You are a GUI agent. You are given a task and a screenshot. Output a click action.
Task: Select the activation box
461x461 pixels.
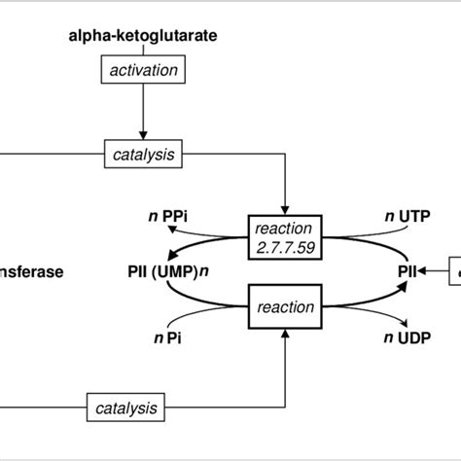[142, 70]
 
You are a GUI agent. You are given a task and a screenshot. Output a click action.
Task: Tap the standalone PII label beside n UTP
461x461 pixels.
[408, 272]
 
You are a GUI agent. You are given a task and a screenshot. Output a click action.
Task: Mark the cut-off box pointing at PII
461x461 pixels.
[453, 272]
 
